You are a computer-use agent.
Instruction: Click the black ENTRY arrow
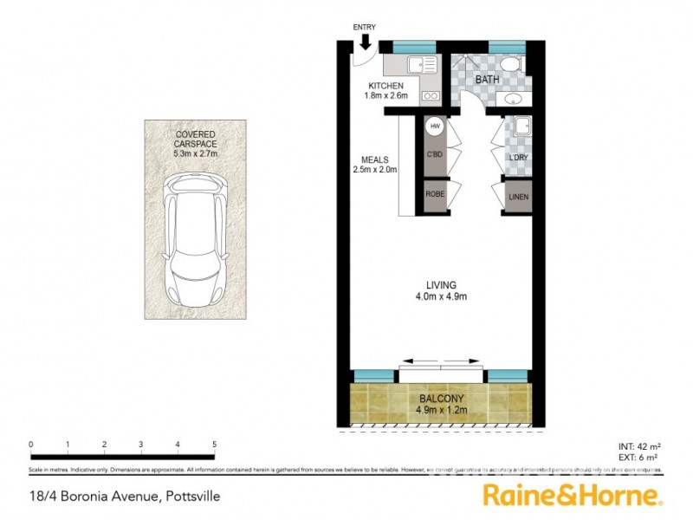(365, 42)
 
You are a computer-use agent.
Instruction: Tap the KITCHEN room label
(385, 86)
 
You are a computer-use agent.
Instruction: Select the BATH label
(488, 80)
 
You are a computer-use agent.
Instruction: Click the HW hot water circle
(435, 127)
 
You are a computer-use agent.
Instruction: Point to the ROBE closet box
(435, 195)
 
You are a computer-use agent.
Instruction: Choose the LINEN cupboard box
(519, 197)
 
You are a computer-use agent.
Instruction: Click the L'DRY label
(519, 157)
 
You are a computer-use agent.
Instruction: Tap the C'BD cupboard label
(435, 155)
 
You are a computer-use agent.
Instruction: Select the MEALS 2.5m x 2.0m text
(375, 165)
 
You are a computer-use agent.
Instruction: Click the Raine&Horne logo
(573, 496)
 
